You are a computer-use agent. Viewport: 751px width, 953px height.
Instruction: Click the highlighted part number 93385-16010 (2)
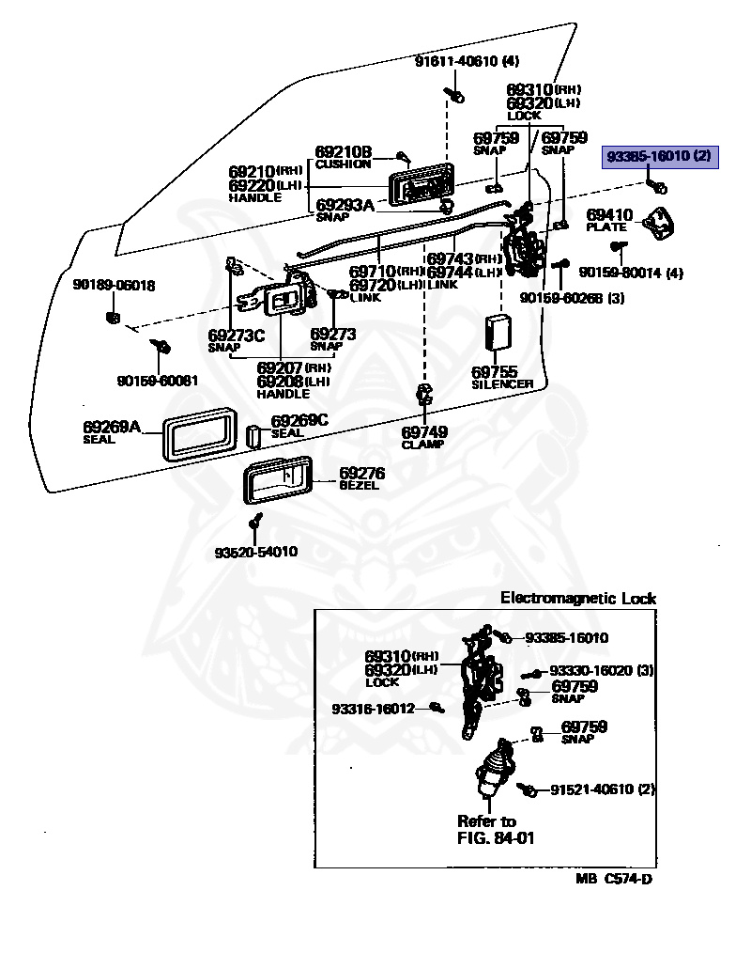pyautogui.click(x=659, y=156)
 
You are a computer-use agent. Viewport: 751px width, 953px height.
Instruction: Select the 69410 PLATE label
pyautogui.click(x=609, y=220)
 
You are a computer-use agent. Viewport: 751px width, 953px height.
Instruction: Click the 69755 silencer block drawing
pyautogui.click(x=498, y=333)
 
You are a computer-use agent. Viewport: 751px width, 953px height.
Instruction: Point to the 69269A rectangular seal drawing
pyautogui.click(x=199, y=434)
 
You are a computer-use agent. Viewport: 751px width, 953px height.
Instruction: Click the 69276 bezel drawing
pyautogui.click(x=278, y=480)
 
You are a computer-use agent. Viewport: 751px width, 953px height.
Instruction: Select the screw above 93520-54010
pyautogui.click(x=257, y=521)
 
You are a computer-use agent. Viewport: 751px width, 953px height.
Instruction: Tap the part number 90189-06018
pyautogui.click(x=114, y=285)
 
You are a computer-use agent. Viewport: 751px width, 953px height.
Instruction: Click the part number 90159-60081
pyautogui.click(x=158, y=381)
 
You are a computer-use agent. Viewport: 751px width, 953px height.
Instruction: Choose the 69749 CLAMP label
pyautogui.click(x=423, y=438)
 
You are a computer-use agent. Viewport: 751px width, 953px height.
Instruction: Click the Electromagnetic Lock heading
pyautogui.click(x=578, y=598)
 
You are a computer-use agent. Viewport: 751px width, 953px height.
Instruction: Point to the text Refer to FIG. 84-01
pyautogui.click(x=496, y=830)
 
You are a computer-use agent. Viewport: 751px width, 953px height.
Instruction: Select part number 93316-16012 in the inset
pyautogui.click(x=373, y=709)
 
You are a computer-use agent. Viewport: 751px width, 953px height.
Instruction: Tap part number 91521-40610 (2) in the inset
pyautogui.click(x=603, y=789)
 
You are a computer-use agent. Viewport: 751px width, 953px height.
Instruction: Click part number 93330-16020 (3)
pyautogui.click(x=601, y=670)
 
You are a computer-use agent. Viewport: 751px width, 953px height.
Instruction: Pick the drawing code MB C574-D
pyautogui.click(x=614, y=879)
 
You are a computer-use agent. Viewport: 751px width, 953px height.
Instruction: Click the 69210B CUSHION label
pyautogui.click(x=343, y=157)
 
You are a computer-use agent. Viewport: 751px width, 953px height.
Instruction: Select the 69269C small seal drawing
pyautogui.click(x=253, y=436)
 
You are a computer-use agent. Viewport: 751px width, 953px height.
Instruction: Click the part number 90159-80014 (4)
pyautogui.click(x=631, y=273)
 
